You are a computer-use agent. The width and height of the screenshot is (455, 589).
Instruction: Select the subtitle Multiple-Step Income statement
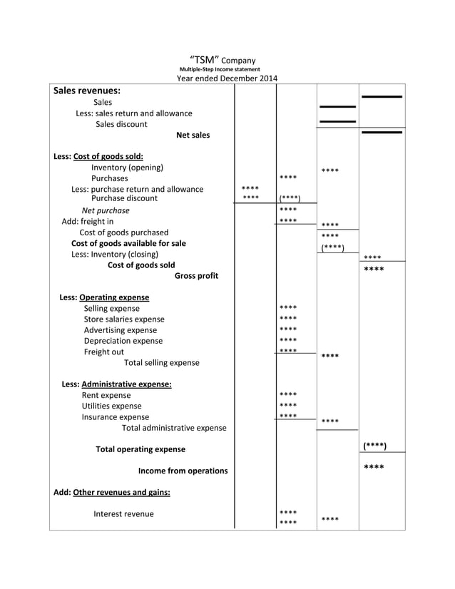[220, 69]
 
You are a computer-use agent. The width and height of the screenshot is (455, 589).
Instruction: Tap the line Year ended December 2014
[227, 78]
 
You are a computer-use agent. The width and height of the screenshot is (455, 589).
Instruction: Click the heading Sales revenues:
[86, 91]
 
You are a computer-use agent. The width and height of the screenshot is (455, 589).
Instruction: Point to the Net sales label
[193, 135]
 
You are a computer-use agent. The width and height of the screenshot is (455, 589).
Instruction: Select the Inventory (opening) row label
[127, 168]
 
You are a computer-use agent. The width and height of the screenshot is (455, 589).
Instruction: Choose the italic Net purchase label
[106, 210]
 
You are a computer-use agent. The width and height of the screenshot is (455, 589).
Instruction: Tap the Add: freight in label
[87, 221]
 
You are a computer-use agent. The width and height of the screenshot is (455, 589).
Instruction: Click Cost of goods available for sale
[128, 243]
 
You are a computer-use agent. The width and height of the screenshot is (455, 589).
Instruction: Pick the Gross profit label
[196, 276]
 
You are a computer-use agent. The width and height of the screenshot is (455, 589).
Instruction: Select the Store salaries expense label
[123, 319]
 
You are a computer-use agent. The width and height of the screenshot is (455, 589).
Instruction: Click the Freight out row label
[103, 352]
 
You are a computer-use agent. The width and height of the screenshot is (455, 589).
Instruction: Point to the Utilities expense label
[111, 406]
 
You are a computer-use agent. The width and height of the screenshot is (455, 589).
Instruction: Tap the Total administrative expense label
[174, 428]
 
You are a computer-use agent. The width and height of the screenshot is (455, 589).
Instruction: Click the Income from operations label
[183, 471]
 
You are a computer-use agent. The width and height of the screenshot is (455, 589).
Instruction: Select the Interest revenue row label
[123, 514]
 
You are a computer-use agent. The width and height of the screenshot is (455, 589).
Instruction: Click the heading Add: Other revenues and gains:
[112, 492]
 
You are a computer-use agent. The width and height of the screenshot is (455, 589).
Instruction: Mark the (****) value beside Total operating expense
[374, 446]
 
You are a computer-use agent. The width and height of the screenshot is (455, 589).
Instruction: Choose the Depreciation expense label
[123, 341]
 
